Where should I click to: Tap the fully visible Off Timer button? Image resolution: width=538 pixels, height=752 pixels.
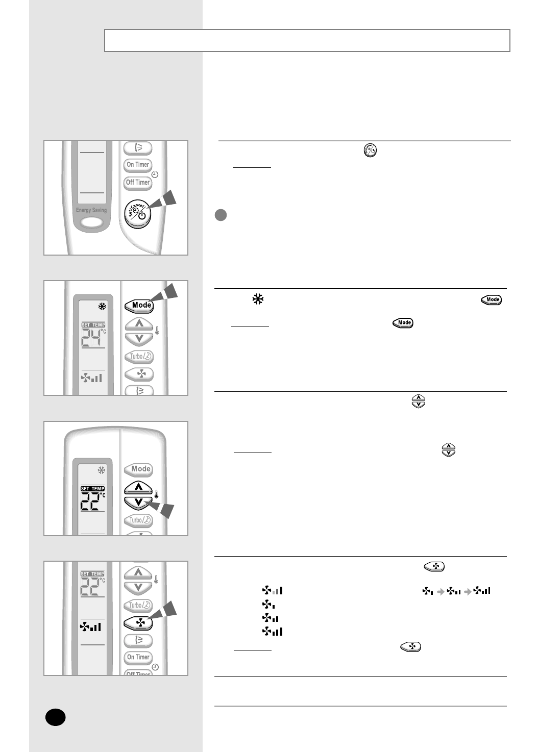click(138, 182)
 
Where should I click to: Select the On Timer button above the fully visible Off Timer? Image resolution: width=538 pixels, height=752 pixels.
click(138, 164)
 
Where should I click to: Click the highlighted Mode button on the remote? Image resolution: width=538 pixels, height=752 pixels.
click(139, 305)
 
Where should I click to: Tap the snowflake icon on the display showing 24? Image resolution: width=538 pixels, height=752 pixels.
click(102, 307)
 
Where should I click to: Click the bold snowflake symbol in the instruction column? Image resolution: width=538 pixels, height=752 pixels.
click(257, 299)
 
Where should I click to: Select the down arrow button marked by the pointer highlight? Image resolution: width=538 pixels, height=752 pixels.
click(139, 502)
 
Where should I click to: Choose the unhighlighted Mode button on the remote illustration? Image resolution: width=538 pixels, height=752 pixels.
click(139, 469)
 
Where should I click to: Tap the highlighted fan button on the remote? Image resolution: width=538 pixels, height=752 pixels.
click(138, 623)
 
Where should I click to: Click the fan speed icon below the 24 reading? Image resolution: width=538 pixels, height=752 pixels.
click(91, 378)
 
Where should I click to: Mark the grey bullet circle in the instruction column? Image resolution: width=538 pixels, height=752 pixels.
click(221, 215)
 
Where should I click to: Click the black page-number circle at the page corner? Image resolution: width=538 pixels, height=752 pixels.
click(55, 717)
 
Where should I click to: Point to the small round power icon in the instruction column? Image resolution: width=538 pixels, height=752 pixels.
click(370, 151)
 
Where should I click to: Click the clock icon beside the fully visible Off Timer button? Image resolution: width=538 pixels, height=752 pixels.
click(155, 174)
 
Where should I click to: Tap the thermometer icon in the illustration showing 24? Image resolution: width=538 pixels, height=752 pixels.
click(157, 330)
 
